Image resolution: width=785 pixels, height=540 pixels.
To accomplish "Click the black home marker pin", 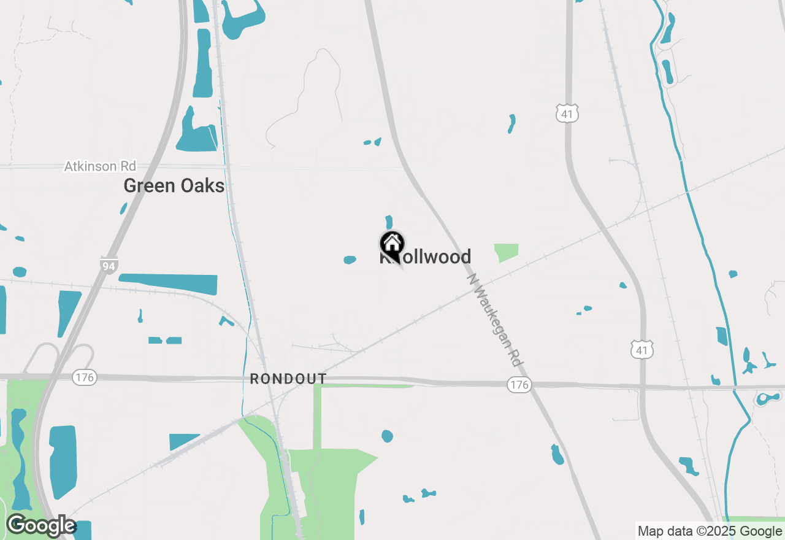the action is [x=392, y=244].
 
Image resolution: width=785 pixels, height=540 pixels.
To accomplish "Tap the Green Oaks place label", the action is [x=174, y=185].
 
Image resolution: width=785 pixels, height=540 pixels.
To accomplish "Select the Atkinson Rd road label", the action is [x=100, y=166].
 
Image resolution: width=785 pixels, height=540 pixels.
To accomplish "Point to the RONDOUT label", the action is [x=288, y=379].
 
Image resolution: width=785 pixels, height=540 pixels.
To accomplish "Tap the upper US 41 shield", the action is [x=568, y=113].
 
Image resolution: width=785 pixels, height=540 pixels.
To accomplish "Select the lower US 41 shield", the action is [x=641, y=350].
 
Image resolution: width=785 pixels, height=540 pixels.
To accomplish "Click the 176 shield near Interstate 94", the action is [x=84, y=377].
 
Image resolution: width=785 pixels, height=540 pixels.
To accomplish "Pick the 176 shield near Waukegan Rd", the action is [x=519, y=385].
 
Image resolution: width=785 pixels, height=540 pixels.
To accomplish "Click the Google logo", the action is [x=41, y=525].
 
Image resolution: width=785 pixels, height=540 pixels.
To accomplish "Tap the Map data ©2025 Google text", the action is [x=710, y=531].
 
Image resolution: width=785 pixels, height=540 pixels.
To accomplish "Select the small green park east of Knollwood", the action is [x=507, y=252].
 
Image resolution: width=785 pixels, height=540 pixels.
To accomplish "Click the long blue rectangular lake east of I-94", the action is [x=169, y=283].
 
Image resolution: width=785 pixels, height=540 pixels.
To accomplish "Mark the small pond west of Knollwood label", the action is [x=350, y=260].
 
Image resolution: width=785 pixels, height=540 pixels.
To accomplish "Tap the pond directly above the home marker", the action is [x=389, y=222].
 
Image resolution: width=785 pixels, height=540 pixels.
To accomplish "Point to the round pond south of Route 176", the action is [x=387, y=436].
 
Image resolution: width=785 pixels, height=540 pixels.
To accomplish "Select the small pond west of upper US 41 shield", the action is [x=511, y=123].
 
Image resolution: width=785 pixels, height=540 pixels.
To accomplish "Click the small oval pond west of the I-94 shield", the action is [x=20, y=271].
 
